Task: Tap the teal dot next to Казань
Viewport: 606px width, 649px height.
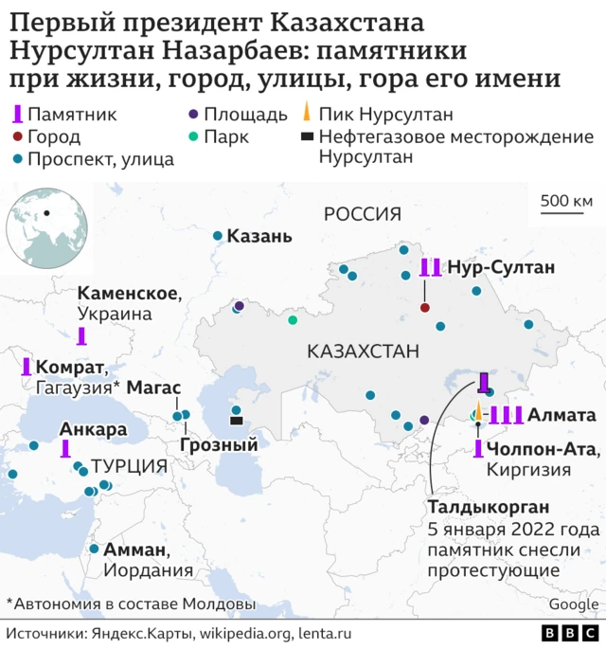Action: pos(218,236)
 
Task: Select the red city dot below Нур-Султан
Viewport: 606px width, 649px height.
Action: pos(425,308)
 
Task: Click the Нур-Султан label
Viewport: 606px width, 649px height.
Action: pos(500,267)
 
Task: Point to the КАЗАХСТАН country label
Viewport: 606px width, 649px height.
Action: pos(363,352)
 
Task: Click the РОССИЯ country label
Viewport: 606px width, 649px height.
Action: pos(363,214)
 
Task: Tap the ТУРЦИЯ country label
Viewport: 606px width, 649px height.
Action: pos(129,466)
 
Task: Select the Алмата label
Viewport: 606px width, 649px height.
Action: pos(561,414)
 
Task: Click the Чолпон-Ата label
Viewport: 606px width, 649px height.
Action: pos(540,447)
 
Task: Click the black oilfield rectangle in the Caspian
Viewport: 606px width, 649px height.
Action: pos(236,421)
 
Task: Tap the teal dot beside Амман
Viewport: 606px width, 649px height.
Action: pos(94,549)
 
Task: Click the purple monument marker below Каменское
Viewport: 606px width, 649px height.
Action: pos(82,336)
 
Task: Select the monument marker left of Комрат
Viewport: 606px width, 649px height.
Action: pos(26,368)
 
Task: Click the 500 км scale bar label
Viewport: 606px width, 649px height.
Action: pos(566,200)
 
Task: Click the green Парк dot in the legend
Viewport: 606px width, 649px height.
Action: pos(193,137)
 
